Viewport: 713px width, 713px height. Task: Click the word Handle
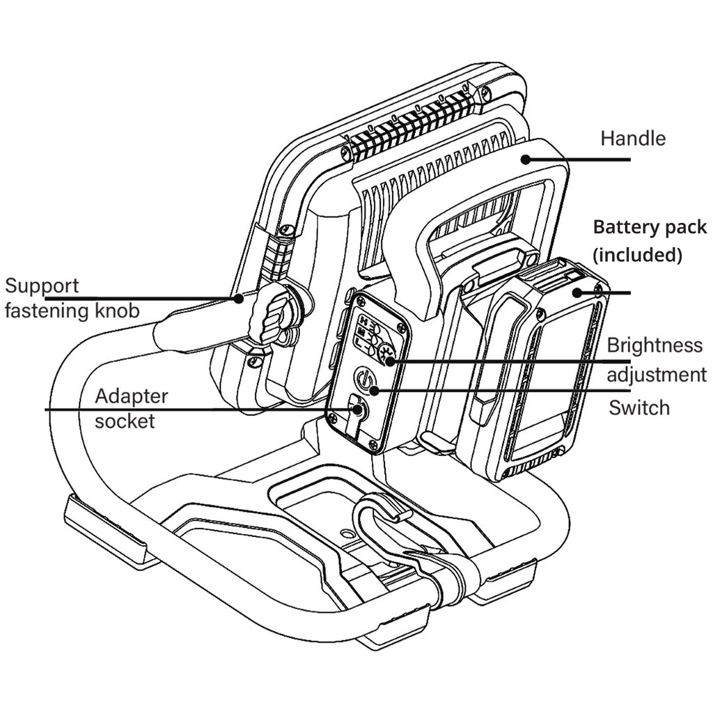pos(633,138)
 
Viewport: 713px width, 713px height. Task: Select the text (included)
pos(636,255)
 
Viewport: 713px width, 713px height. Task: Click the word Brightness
pos(655,345)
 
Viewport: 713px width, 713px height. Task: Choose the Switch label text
pos(639,407)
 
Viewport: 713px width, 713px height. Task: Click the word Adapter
pos(132,396)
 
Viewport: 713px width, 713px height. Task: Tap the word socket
pos(125,421)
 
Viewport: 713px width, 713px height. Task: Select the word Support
pos(42,285)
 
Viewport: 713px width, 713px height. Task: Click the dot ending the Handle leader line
pos(526,159)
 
